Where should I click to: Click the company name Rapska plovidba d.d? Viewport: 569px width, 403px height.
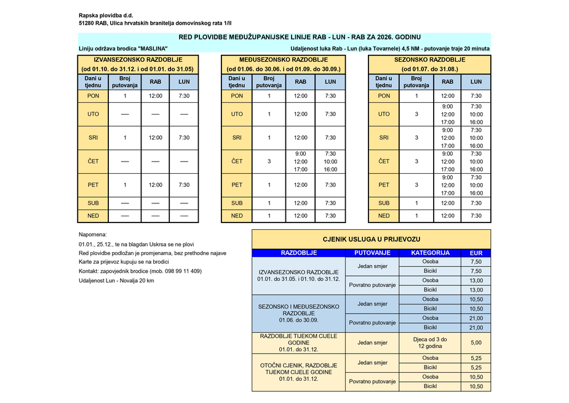tap(106, 15)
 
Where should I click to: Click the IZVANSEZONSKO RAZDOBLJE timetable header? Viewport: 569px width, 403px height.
tap(137, 60)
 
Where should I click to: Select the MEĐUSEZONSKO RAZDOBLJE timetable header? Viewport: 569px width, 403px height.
tap(284, 60)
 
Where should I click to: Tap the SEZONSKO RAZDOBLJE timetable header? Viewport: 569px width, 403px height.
tap(429, 60)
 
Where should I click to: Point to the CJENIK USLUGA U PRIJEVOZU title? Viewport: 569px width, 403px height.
tap(372, 238)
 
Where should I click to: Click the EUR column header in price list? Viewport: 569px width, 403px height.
tap(475, 253)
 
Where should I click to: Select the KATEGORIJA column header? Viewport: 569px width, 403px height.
tap(430, 253)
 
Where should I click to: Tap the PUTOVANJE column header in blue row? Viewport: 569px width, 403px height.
tap(373, 253)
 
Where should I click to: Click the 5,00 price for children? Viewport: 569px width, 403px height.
tap(475, 343)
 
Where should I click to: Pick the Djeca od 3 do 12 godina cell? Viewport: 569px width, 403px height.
tap(430, 343)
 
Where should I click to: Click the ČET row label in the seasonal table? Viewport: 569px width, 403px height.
tap(384, 161)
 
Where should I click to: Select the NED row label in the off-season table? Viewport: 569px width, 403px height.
tap(94, 216)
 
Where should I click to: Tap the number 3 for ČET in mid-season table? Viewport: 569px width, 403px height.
tap(269, 161)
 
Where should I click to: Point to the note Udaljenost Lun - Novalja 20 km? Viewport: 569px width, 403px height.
tap(116, 280)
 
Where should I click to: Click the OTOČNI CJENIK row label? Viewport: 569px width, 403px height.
tap(298, 372)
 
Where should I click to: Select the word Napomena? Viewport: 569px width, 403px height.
tap(93, 235)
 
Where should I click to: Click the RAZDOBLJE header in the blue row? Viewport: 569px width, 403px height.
tap(299, 253)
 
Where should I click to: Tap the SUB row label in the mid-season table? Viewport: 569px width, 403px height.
tap(237, 203)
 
